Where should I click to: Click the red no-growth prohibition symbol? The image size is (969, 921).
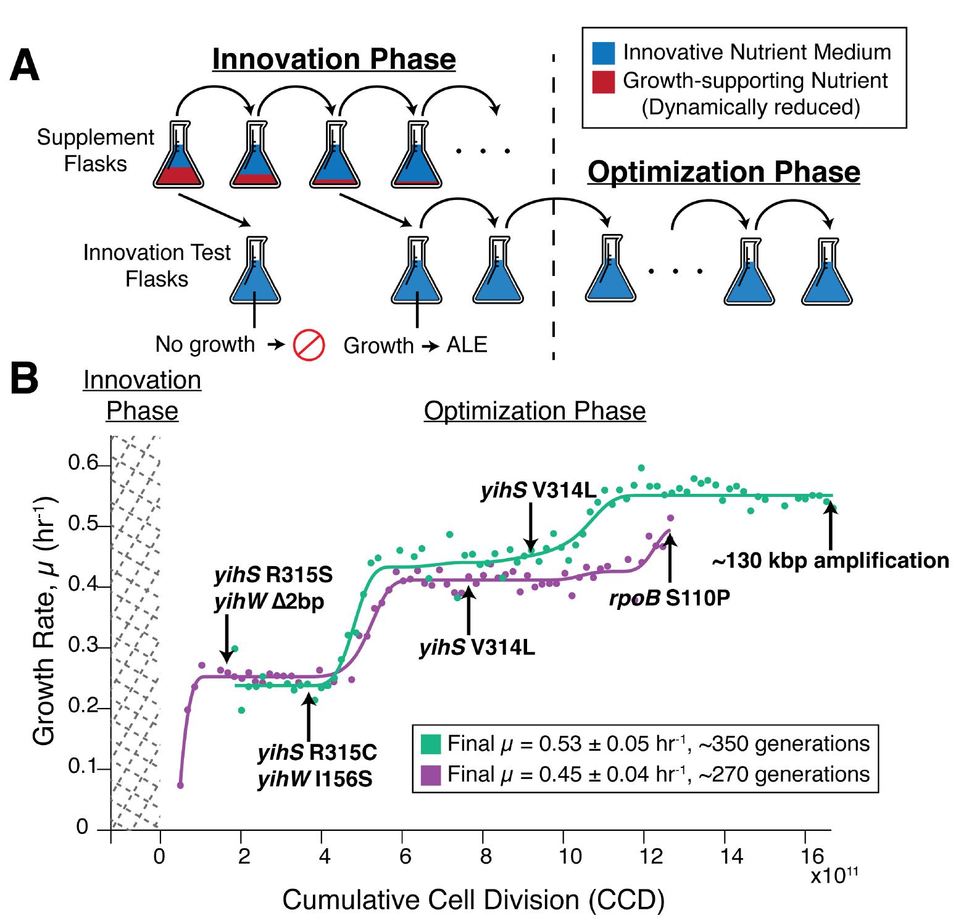click(x=309, y=345)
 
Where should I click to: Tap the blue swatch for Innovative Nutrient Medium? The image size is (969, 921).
click(x=602, y=53)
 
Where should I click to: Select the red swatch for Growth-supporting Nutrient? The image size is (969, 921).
click(x=602, y=81)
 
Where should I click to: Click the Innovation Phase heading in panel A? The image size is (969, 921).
click(x=334, y=59)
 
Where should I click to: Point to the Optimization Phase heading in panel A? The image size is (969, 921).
click(x=723, y=172)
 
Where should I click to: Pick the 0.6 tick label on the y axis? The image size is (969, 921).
click(x=83, y=463)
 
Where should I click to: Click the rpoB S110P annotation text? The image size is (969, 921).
click(x=669, y=598)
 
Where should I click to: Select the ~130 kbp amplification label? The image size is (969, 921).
click(x=830, y=560)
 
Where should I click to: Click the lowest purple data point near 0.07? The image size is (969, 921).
click(x=180, y=785)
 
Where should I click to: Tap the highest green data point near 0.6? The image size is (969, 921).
click(x=641, y=468)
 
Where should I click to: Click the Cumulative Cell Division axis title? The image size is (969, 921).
click(x=473, y=899)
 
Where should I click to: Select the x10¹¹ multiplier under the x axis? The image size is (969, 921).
click(x=834, y=875)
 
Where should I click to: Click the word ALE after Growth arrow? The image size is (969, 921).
click(x=467, y=344)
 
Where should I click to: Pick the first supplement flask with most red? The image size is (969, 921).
click(x=178, y=157)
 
